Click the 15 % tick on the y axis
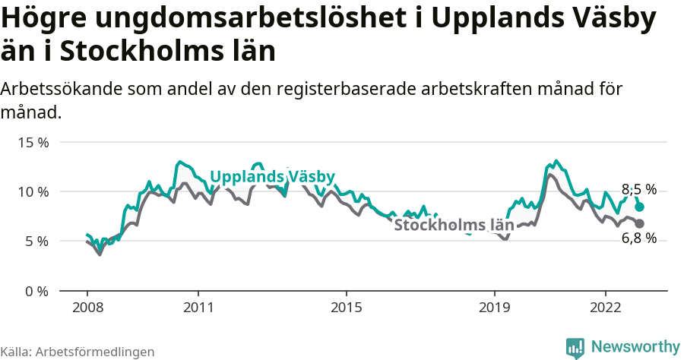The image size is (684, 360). pyautogui.click(x=33, y=142)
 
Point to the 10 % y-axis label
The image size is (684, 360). pyautogui.click(x=33, y=191)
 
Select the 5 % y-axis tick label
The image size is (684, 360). pyautogui.click(x=36, y=241)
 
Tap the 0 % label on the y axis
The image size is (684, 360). pyautogui.click(x=36, y=291)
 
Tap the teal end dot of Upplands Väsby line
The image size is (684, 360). pyautogui.click(x=640, y=207)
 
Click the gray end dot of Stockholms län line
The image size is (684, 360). pyautogui.click(x=640, y=223)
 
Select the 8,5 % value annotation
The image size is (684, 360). pyautogui.click(x=639, y=190)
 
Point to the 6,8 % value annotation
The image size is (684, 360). pyautogui.click(x=639, y=239)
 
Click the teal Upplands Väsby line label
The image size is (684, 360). pyautogui.click(x=272, y=177)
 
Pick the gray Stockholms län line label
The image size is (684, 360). pyautogui.click(x=454, y=225)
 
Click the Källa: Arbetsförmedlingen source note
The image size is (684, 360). pyautogui.click(x=78, y=352)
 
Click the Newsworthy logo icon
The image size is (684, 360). pyautogui.click(x=575, y=347)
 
